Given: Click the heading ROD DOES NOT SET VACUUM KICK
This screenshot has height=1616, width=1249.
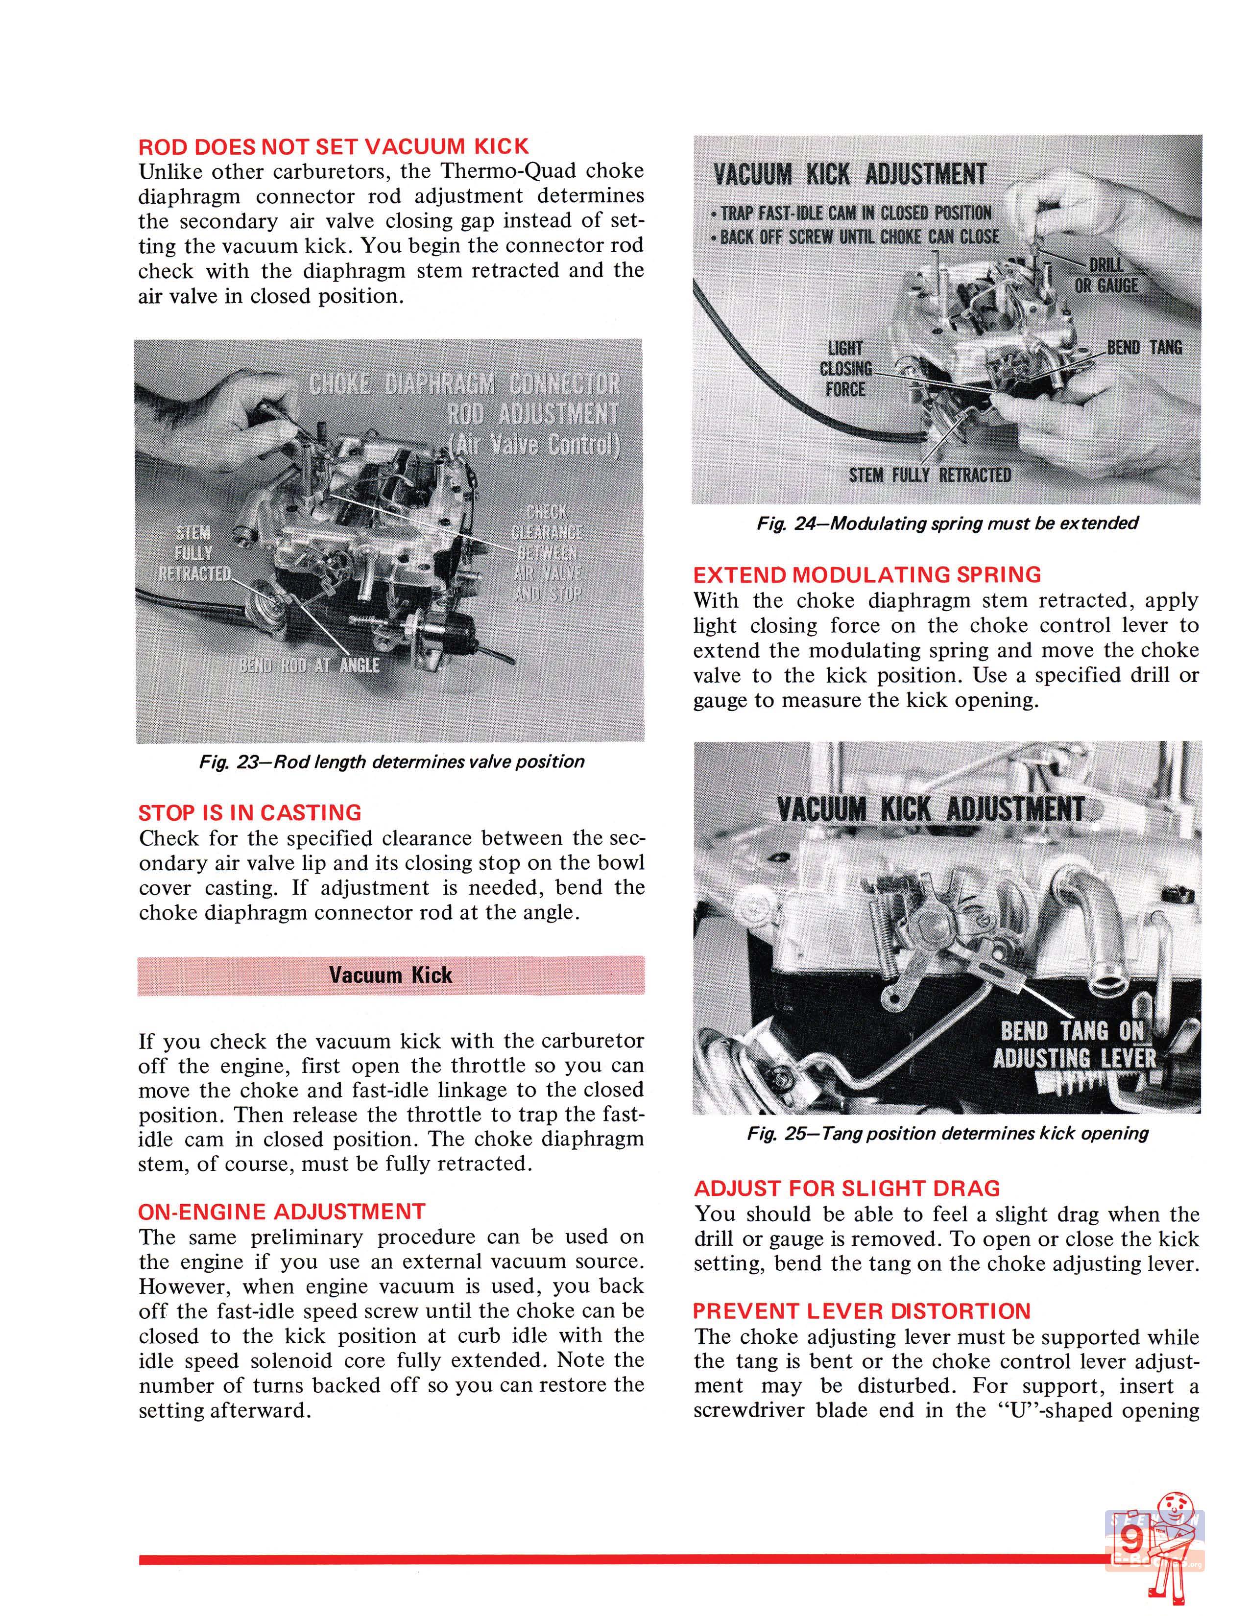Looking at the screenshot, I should (334, 146).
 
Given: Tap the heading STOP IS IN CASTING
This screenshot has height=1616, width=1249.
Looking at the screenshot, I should (249, 812).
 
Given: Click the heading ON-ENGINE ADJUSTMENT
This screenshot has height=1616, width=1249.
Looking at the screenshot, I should (282, 1211).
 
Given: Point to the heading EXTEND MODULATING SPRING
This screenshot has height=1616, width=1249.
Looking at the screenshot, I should (866, 574).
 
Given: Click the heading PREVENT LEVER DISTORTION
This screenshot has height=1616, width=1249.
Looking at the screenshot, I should (861, 1311).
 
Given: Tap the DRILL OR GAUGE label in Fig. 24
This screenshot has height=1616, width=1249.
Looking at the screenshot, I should (1105, 275).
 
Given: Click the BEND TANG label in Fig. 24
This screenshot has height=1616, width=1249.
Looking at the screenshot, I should (1144, 347).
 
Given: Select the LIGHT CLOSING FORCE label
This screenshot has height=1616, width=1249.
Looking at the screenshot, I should (845, 368).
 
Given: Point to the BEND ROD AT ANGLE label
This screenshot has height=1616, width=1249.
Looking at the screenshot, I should (309, 665).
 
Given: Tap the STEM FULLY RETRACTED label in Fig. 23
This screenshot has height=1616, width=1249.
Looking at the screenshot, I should (194, 553).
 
